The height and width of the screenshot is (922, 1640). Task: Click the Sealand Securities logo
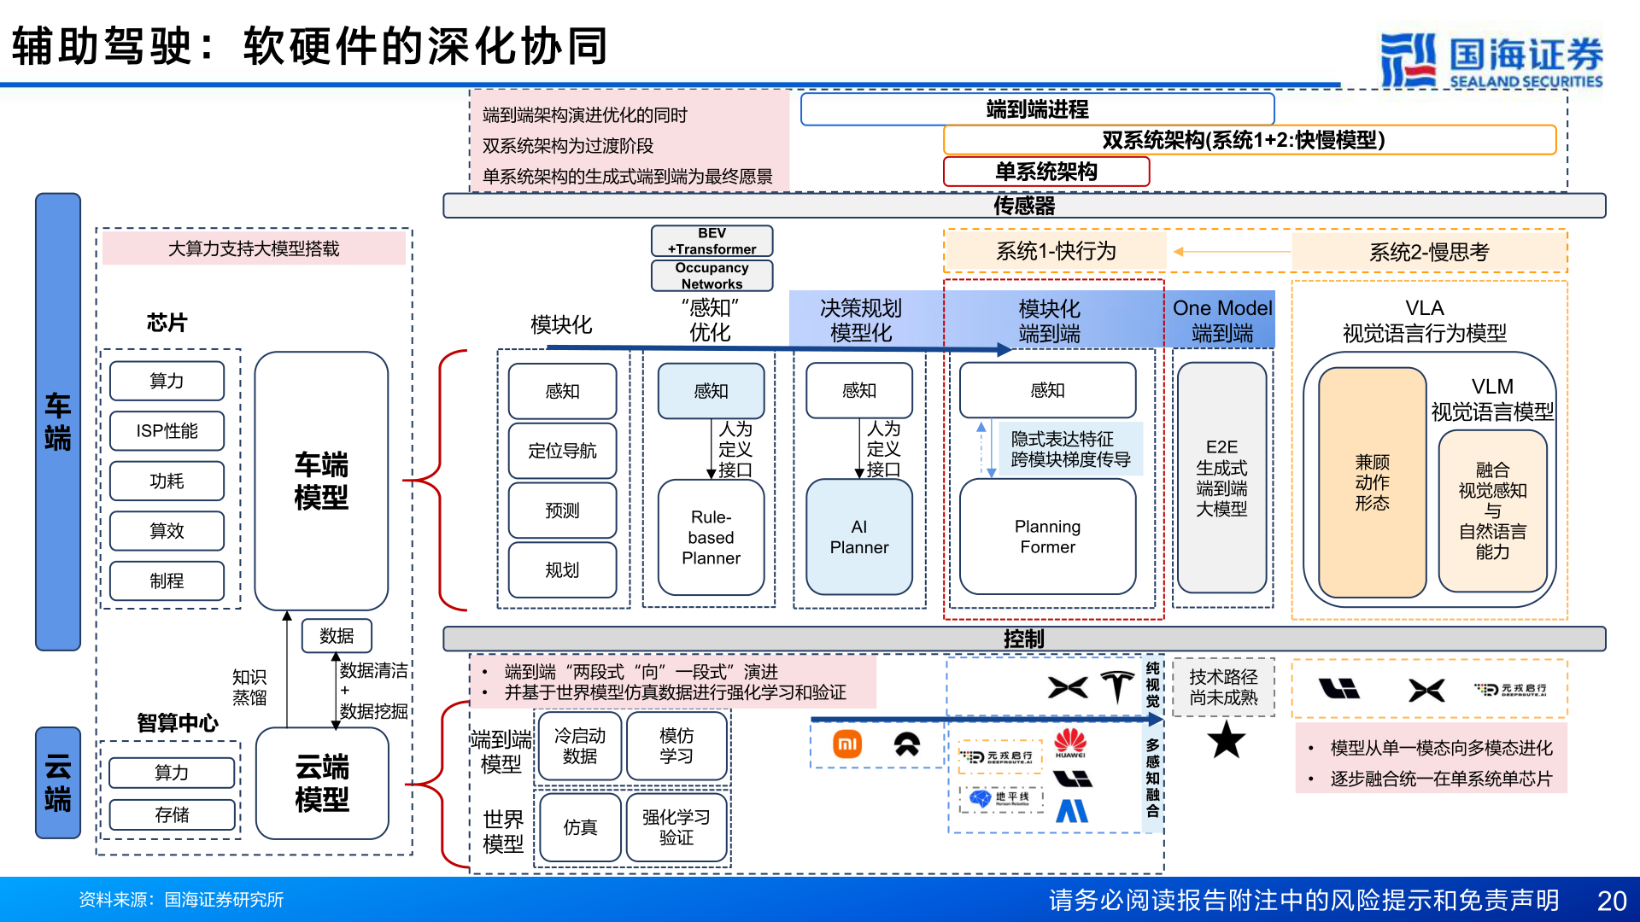(1491, 60)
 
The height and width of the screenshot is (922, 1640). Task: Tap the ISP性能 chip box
(167, 431)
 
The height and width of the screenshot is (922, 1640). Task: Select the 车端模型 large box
(321, 481)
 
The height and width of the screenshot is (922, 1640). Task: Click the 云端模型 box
(322, 783)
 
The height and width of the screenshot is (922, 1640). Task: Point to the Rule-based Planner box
(711, 538)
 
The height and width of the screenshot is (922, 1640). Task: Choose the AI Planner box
(859, 537)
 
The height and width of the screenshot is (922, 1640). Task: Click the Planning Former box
(1047, 537)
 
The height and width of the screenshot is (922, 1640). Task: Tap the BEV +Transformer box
(712, 241)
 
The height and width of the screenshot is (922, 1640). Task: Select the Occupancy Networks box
(712, 276)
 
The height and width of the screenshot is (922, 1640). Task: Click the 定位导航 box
(562, 451)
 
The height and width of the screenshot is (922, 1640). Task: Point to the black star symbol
(1226, 739)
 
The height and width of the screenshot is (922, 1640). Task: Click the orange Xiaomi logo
(847, 744)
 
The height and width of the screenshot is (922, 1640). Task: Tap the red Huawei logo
(1070, 742)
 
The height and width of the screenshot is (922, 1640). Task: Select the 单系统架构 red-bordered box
(1045, 172)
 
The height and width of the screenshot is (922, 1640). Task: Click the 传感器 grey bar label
(1023, 206)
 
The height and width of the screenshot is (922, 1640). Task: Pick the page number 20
(1611, 901)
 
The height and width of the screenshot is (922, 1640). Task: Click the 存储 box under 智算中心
(172, 814)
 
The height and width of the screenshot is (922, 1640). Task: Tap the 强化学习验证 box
(676, 827)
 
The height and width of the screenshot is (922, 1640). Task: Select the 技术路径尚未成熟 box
(1223, 687)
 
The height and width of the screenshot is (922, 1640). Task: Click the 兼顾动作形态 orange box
(1372, 482)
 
